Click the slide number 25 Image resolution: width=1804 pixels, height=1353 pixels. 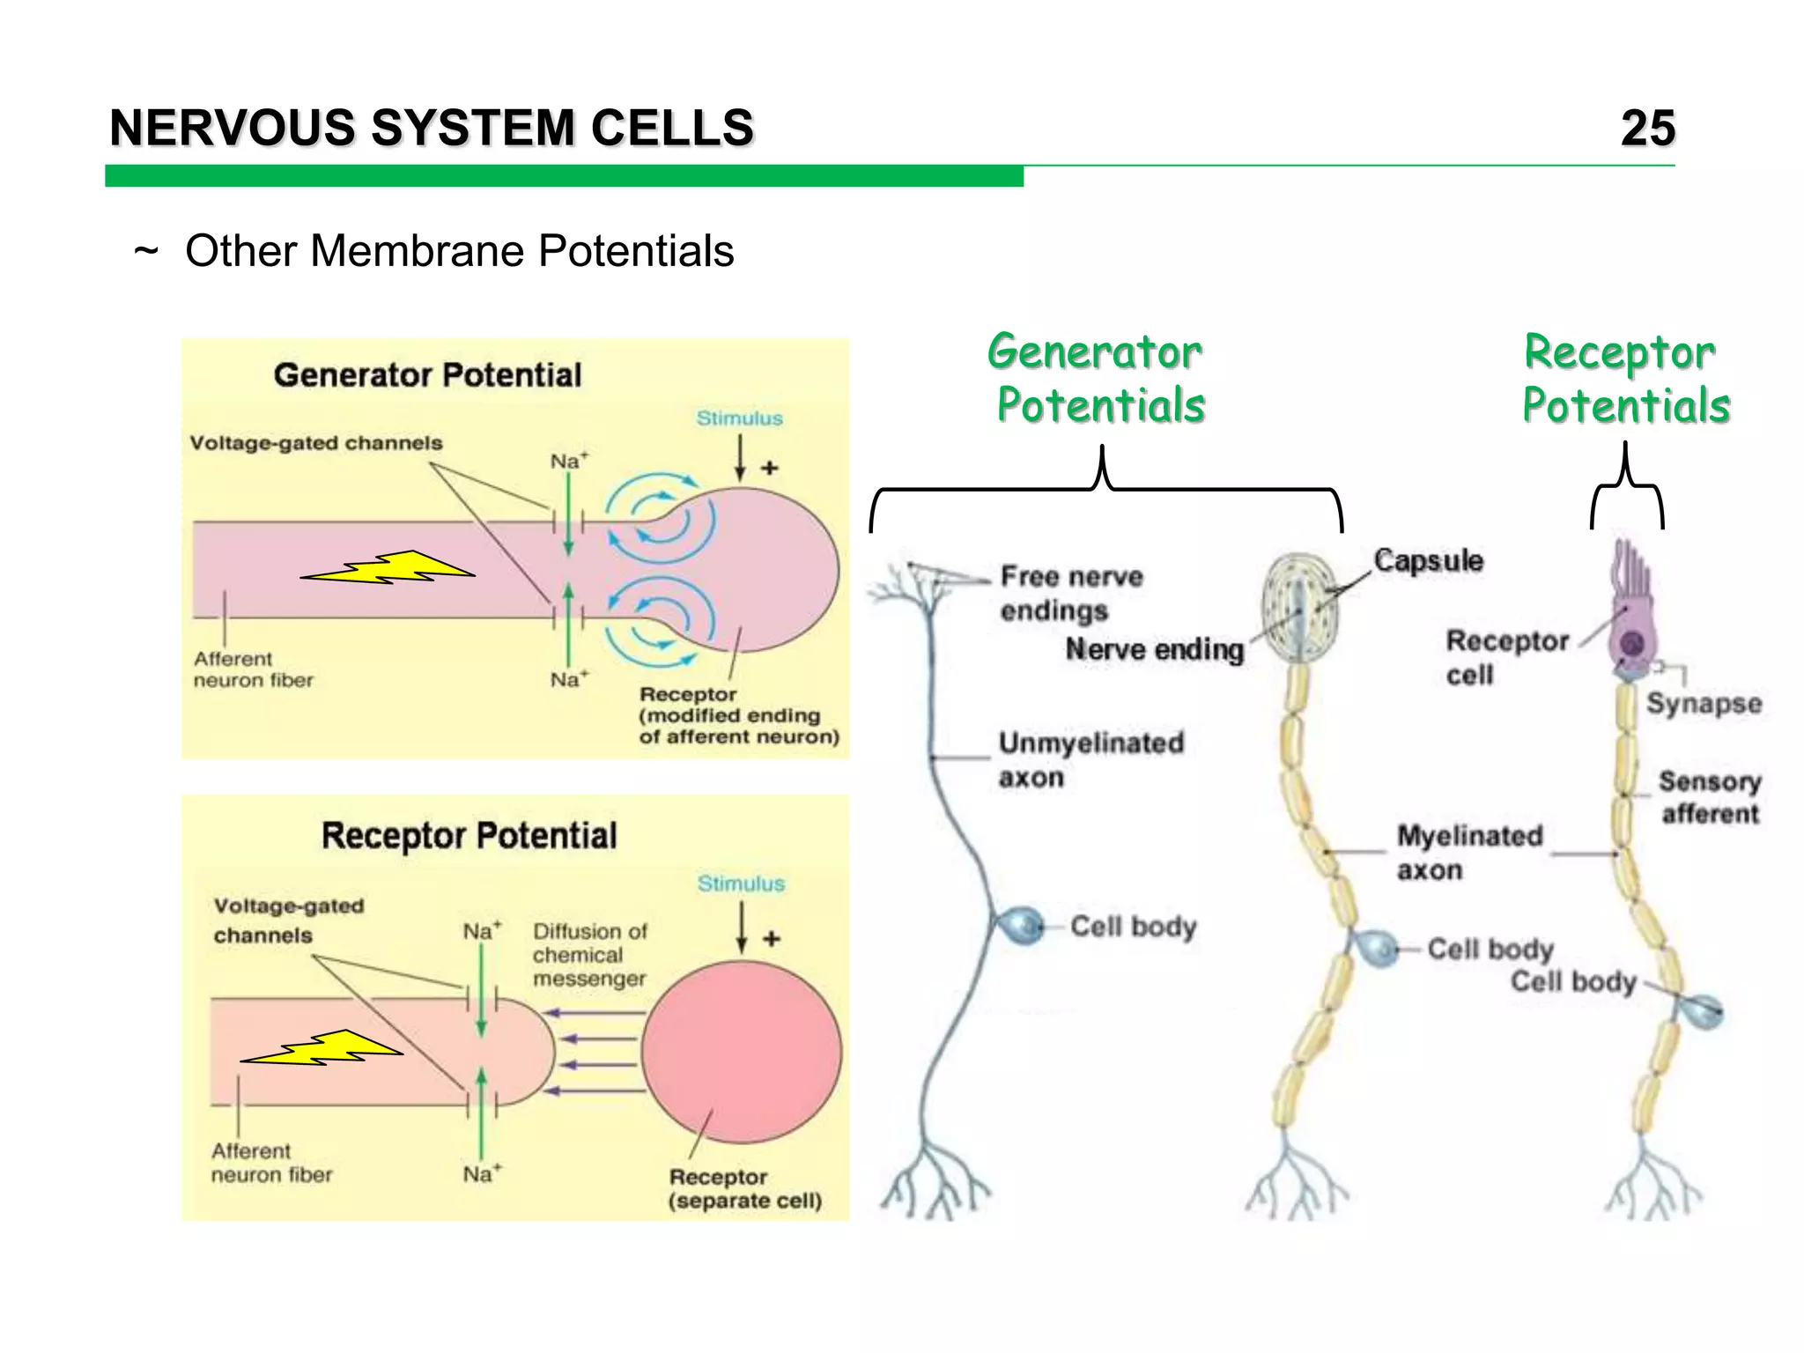pos(1647,129)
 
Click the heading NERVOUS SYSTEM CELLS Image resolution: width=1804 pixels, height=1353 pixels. pos(432,129)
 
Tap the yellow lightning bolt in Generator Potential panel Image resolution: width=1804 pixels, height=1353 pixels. pos(388,568)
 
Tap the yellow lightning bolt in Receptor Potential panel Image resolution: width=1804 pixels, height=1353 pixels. pos(322,1048)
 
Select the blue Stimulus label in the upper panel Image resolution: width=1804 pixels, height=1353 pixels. pos(739,418)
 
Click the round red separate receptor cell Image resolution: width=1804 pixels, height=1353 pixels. pos(741,1051)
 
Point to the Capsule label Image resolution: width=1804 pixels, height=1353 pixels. pos(1428,560)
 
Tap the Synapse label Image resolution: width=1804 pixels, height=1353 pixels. pos(1704,703)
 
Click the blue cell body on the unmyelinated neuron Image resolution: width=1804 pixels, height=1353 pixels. pos(1022,926)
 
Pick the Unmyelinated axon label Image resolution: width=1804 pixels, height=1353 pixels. pos(1090,759)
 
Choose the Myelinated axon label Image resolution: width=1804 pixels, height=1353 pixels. pos(1469,852)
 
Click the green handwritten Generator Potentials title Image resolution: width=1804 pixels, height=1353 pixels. pos(1098,379)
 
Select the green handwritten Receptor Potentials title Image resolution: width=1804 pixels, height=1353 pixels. pos(1625,379)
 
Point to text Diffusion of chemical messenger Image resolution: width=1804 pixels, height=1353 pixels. pos(589,955)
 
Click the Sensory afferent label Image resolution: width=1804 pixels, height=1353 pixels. pos(1709,797)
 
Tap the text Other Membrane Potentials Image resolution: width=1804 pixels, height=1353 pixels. pos(459,251)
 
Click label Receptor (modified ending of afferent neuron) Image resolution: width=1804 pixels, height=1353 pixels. pos(738,715)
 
